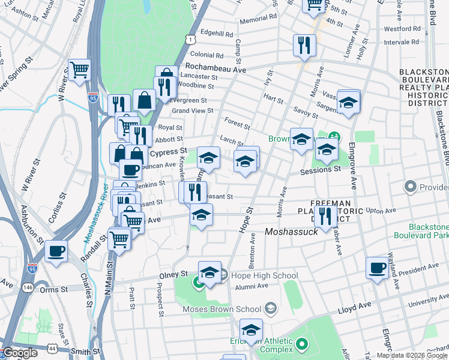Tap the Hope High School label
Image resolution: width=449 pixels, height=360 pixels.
(x=260, y=276)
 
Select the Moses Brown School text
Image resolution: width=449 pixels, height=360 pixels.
(x=222, y=310)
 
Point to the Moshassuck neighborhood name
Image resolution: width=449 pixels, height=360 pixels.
(x=291, y=232)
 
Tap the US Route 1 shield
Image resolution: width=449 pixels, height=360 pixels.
(x=191, y=39)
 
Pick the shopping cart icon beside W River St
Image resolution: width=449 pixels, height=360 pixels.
(x=79, y=70)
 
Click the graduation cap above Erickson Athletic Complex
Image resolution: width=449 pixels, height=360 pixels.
(x=251, y=329)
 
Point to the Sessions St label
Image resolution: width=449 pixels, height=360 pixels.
(x=321, y=170)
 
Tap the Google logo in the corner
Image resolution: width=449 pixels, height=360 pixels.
(x=20, y=353)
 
